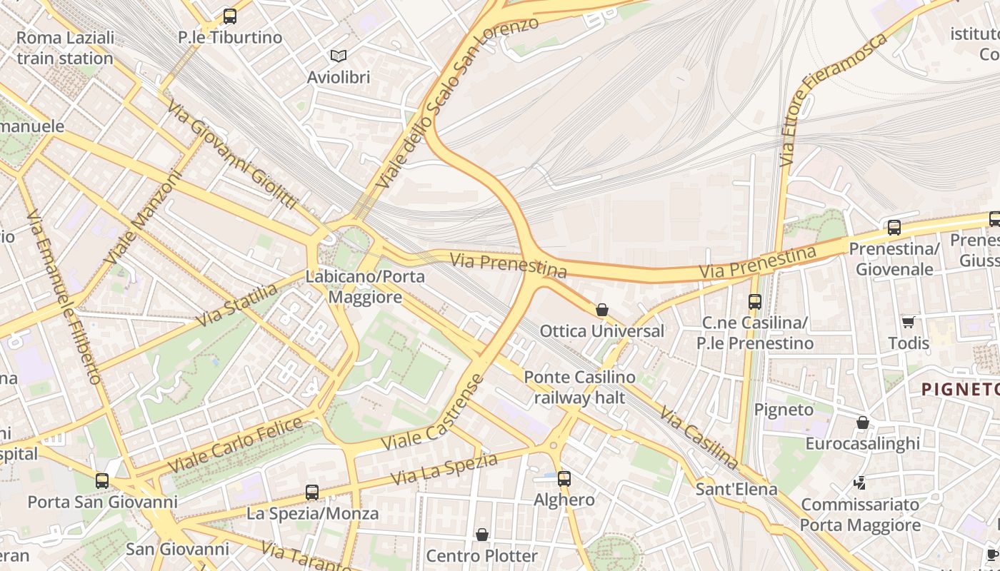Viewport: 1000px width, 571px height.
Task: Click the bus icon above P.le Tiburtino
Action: (x=229, y=16)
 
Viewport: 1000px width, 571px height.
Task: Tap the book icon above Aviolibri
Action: (x=338, y=56)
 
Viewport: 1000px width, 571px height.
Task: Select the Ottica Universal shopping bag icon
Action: (x=602, y=310)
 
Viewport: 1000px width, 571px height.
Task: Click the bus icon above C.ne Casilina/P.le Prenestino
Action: (x=755, y=301)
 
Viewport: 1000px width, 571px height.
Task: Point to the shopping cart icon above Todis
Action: (x=908, y=322)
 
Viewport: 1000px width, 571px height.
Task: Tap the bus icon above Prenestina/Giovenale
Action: (x=894, y=228)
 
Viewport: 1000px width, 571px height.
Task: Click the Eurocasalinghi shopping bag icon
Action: (x=862, y=423)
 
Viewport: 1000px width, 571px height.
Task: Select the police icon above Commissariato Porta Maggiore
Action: (x=860, y=483)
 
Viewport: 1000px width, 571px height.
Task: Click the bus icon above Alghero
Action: (x=564, y=478)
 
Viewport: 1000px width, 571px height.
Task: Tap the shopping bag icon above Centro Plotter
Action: (x=482, y=535)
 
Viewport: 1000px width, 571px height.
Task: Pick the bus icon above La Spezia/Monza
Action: (x=312, y=492)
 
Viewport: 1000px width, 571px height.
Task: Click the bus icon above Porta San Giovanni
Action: (x=102, y=480)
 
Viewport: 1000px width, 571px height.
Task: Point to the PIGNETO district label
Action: (x=959, y=390)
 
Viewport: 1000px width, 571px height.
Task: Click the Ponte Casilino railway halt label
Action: (x=579, y=388)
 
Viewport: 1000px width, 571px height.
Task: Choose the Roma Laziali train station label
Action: (x=65, y=48)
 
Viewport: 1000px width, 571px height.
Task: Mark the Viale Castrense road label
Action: (x=433, y=413)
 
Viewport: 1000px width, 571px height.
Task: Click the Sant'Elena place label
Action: (x=736, y=489)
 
